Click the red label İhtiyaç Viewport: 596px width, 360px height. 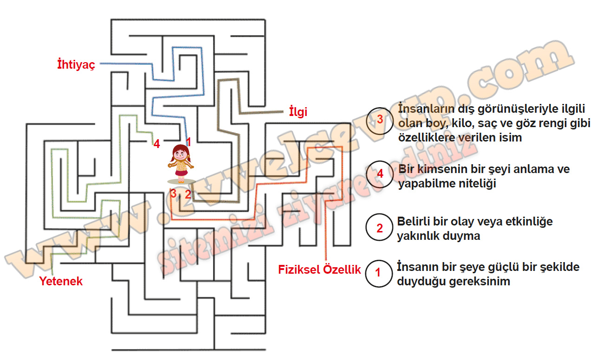click(76, 64)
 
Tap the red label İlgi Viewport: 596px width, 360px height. click(298, 112)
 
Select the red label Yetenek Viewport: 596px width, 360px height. click(61, 281)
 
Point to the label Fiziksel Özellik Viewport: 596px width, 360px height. click(319, 270)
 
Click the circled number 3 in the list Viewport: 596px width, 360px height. click(380, 121)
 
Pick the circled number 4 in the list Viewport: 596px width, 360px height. click(380, 174)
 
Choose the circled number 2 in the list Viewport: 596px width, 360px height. click(379, 227)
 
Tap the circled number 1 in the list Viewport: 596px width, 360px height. click(379, 273)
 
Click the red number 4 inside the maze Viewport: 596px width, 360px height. click(157, 144)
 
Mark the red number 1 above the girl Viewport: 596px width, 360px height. click(188, 141)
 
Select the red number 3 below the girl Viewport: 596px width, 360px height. click(174, 193)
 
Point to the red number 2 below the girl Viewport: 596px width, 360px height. click(188, 195)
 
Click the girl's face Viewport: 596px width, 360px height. click(181, 154)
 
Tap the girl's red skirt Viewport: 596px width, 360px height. click(181, 173)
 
